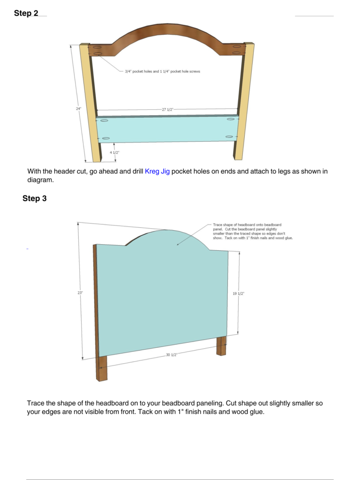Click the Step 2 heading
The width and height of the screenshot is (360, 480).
tap(26, 13)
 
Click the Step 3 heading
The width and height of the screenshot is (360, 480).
tap(35, 198)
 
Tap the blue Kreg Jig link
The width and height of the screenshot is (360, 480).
tap(157, 172)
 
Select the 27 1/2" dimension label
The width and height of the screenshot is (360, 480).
tap(167, 109)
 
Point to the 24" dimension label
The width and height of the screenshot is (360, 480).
tap(79, 109)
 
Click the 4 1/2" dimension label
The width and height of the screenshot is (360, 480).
tap(114, 152)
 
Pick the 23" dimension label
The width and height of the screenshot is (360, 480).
tap(80, 292)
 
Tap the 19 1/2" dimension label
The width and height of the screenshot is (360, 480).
tap(239, 293)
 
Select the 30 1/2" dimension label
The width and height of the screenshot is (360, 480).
tap(172, 355)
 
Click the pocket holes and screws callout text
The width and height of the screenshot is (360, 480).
tap(162, 71)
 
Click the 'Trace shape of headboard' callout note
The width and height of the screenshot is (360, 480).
tap(253, 231)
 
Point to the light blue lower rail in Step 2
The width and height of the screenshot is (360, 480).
tap(167, 129)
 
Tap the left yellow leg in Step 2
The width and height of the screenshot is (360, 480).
tap(90, 103)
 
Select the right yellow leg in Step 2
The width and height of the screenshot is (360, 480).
tap(244, 101)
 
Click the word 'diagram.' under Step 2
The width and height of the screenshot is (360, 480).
tap(40, 180)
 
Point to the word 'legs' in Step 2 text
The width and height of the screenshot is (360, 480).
tap(284, 172)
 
